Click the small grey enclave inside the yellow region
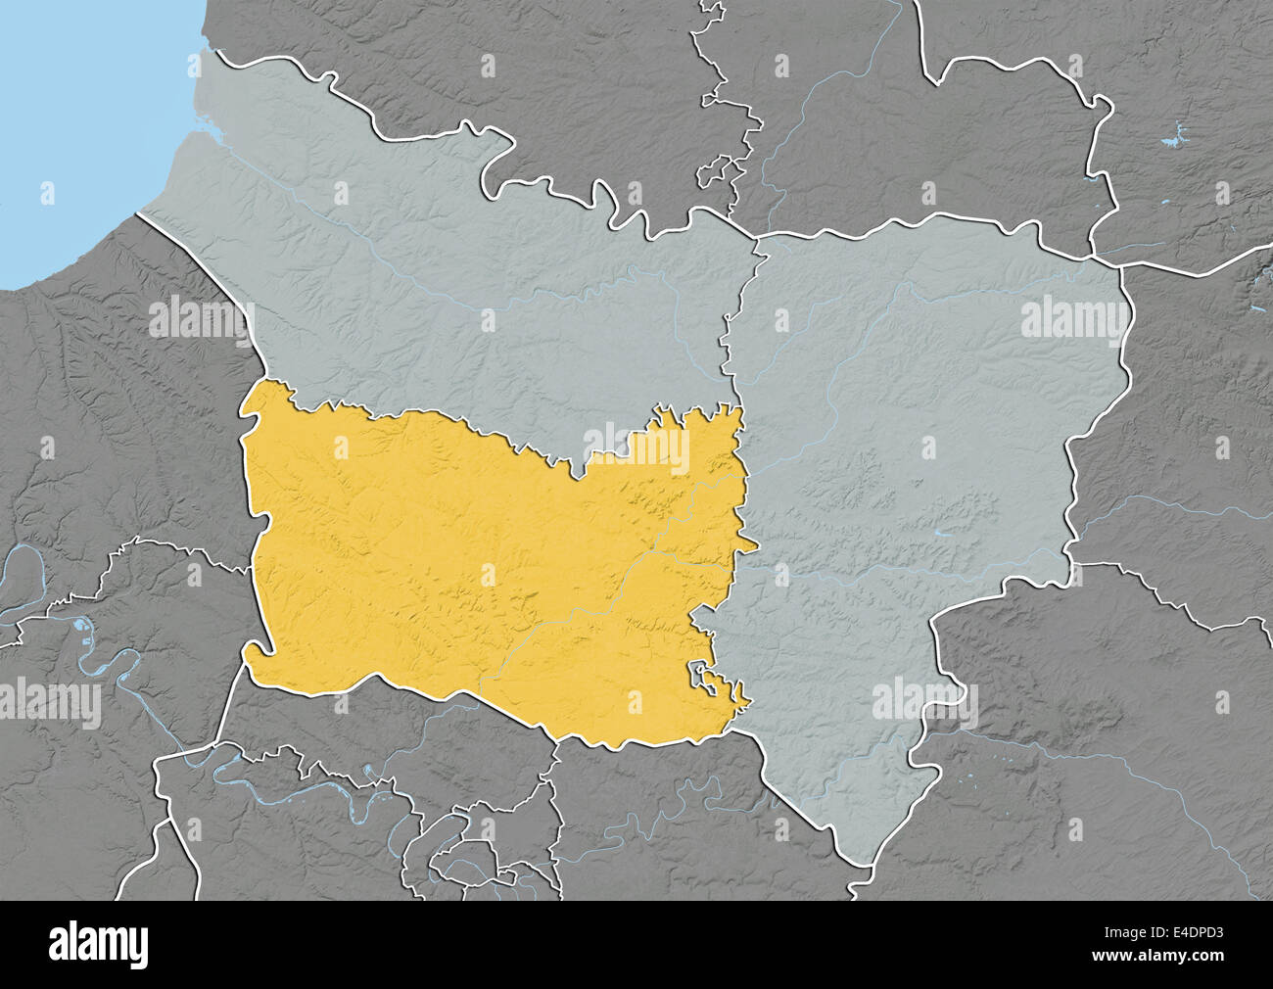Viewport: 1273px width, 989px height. pos(704,676)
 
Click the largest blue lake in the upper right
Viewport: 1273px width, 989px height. pos(1173,136)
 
